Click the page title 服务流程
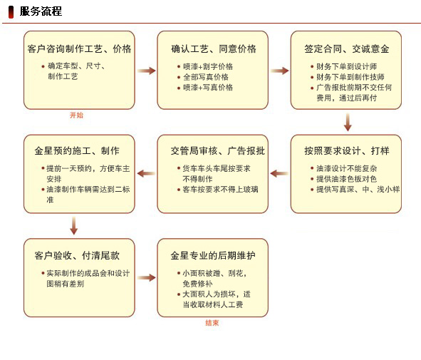pos(41,11)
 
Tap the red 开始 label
pos(76,115)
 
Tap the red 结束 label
pos(212,323)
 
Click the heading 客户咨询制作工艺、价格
pos(79,49)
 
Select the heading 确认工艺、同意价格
pos(214,49)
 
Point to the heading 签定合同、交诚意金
pos(347,49)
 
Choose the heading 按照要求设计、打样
pos(347,150)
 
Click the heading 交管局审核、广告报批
pos(218,150)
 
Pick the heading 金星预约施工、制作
pos(77,150)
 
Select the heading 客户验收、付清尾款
pos(77,255)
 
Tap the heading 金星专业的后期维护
pos(213,255)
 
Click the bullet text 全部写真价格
pos(206,77)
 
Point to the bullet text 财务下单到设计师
pos(346,66)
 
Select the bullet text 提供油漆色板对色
pos(346,179)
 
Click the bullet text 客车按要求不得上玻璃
pos(220,190)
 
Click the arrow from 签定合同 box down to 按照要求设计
pos(348,122)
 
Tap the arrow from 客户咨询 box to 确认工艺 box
pos(147,71)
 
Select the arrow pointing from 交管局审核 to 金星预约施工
pos(146,173)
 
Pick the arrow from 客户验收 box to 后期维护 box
pos(147,278)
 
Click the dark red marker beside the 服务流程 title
pos(11,12)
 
